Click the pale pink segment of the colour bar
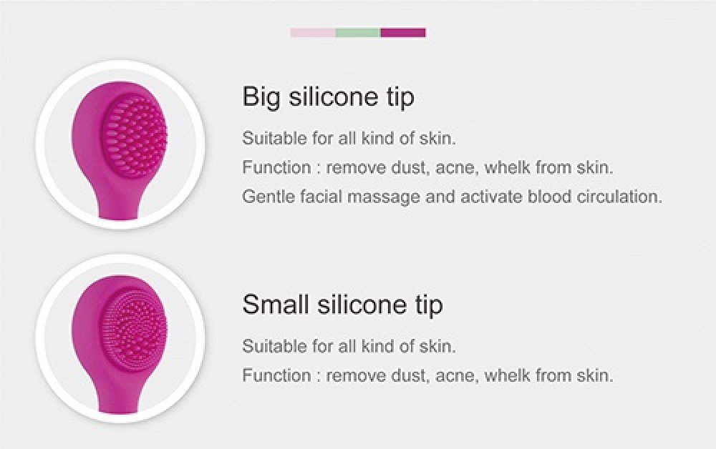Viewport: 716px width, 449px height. (x=313, y=33)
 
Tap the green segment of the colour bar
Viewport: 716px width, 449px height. (x=357, y=33)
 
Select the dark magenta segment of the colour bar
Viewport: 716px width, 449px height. (x=403, y=33)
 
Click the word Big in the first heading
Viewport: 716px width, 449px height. (x=261, y=97)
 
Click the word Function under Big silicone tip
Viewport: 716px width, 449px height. (x=276, y=167)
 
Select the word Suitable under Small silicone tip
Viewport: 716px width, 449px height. (x=274, y=346)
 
